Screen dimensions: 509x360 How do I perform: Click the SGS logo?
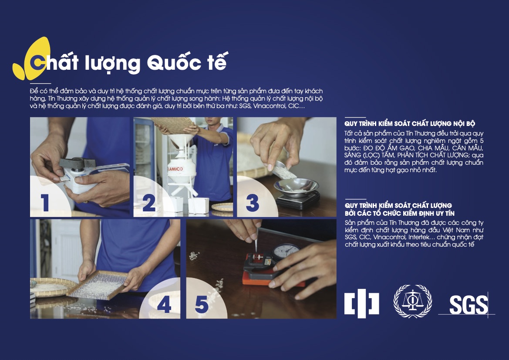click(468, 305)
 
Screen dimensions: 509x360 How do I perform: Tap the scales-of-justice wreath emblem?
click(413, 301)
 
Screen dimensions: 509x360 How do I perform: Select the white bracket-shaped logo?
click(362, 303)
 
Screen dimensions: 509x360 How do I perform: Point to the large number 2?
click(149, 203)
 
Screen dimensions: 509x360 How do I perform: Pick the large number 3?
click(252, 203)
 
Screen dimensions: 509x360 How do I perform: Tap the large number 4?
click(164, 305)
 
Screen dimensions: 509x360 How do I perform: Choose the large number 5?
click(202, 305)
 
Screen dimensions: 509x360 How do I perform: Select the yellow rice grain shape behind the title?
click(33, 58)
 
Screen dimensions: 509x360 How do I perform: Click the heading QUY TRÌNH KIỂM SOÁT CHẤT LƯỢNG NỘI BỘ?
click(410, 123)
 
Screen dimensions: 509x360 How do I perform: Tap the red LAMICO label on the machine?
click(175, 169)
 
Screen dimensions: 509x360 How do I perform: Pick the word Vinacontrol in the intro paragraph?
click(269, 106)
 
